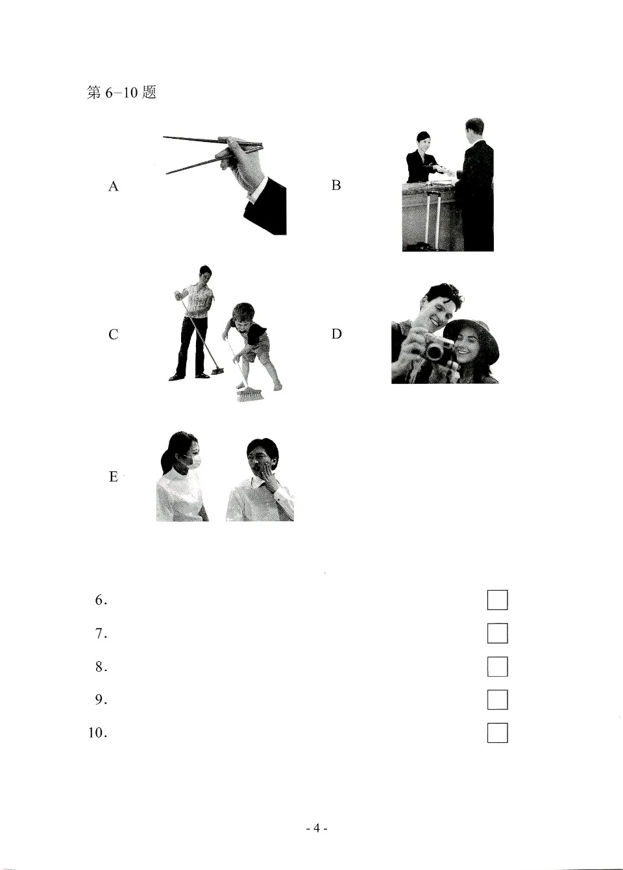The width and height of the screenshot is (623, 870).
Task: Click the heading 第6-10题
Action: click(121, 93)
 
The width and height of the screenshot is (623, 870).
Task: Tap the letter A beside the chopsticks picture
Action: click(114, 187)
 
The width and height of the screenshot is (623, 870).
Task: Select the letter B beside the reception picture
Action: click(336, 185)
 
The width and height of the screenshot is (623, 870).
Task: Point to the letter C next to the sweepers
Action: click(114, 335)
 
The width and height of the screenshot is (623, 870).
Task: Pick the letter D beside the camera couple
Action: click(336, 334)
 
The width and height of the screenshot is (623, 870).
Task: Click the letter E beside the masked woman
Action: click(114, 477)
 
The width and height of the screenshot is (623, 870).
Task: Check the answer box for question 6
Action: click(497, 600)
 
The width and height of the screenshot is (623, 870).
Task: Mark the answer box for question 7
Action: click(497, 633)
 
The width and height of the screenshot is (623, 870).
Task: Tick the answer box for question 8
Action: click(497, 666)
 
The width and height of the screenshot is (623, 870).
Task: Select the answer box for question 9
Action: click(497, 700)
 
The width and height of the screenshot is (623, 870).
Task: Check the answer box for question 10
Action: click(497, 733)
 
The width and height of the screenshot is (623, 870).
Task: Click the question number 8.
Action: click(101, 666)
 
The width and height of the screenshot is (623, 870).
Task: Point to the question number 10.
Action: click(97, 733)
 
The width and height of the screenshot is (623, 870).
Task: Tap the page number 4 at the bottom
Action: click(316, 828)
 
